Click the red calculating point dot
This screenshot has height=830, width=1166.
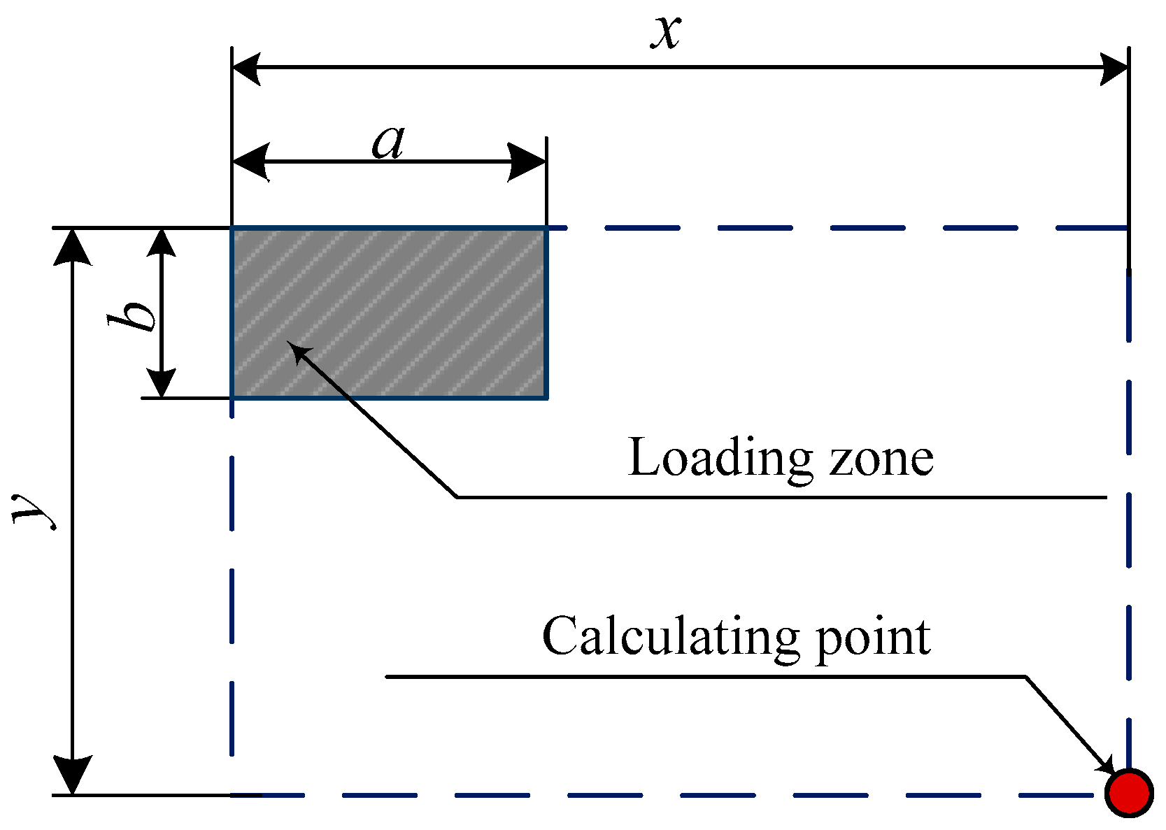pyautogui.click(x=1129, y=792)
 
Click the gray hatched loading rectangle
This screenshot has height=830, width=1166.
pyautogui.click(x=389, y=313)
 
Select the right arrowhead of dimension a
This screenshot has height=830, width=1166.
pyautogui.click(x=527, y=162)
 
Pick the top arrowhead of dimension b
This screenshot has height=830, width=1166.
pyautogui.click(x=162, y=242)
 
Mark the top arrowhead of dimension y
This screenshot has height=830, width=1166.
pyautogui.click(x=73, y=246)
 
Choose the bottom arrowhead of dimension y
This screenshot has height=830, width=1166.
pyautogui.click(x=73, y=776)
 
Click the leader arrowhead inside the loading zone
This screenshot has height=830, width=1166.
pyautogui.click(x=299, y=350)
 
